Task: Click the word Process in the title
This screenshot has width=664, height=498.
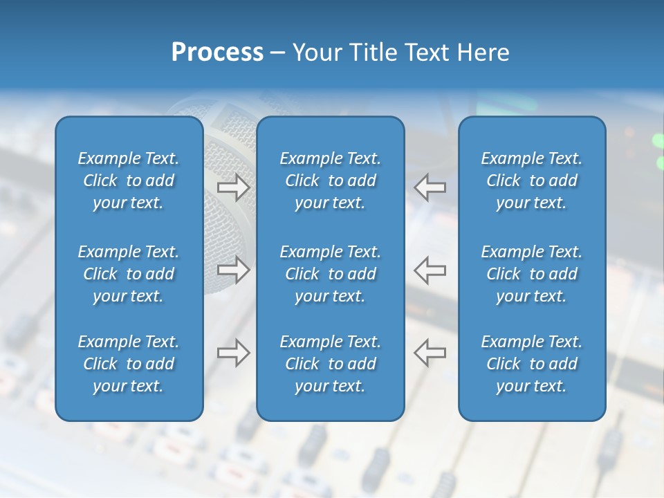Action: pos(216,53)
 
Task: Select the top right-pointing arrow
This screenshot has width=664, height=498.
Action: pos(233,187)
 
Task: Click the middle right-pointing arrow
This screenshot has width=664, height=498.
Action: pos(233,269)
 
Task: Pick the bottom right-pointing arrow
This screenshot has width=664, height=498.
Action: pos(233,352)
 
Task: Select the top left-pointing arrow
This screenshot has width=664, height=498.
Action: pos(430,187)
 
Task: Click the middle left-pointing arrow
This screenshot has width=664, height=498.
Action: pos(430,269)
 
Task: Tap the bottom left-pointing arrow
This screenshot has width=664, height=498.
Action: pos(430,352)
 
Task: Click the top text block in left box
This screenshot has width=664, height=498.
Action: pos(129,181)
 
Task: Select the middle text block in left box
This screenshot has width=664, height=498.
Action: pos(129,274)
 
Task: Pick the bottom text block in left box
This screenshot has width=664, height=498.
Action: pos(129,364)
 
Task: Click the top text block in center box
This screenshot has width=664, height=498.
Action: pos(331,181)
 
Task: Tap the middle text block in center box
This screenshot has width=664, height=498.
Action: pos(331,274)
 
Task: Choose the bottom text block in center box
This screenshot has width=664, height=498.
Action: pos(331,364)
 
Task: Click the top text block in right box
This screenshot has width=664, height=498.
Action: pos(532,181)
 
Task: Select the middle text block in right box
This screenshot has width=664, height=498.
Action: pos(532,274)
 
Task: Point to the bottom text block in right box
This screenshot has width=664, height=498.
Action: pos(532,364)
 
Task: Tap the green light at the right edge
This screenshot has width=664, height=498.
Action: pos(658,141)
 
